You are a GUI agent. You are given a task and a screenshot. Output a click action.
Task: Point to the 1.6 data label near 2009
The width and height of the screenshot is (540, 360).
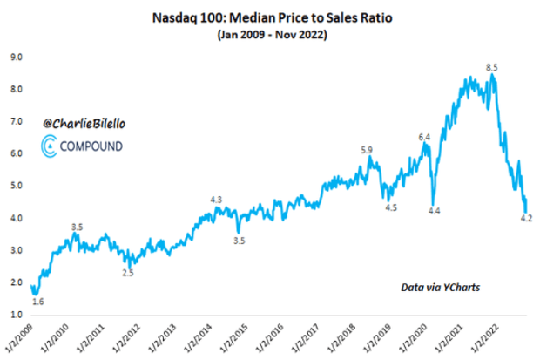(38, 302)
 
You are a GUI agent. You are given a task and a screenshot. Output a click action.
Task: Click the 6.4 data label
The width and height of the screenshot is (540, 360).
(425, 138)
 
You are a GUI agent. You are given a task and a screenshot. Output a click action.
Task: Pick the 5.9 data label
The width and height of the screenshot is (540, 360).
(367, 150)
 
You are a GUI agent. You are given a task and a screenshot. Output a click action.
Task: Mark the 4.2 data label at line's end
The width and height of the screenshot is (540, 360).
(526, 218)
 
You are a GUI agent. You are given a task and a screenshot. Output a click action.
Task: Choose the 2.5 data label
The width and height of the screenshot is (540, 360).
(127, 273)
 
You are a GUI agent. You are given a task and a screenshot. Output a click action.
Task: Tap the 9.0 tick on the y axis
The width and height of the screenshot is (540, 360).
(16, 58)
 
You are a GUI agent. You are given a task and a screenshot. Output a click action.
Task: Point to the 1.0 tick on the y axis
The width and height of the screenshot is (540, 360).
(16, 313)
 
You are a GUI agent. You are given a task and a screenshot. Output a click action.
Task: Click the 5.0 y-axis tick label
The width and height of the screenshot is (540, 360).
(16, 185)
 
